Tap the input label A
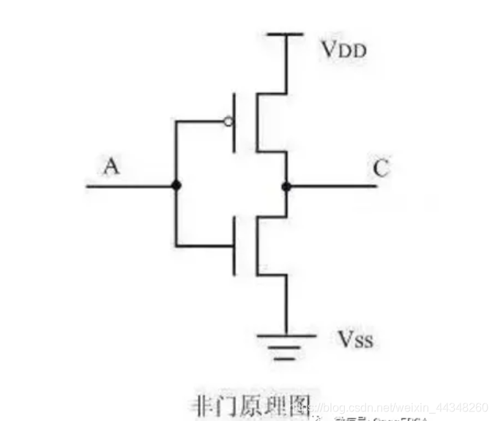(111, 167)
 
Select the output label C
(380, 168)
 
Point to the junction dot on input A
(176, 186)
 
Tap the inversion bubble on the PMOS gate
(229, 122)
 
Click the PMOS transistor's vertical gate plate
(235, 122)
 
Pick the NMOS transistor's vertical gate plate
(235, 245)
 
